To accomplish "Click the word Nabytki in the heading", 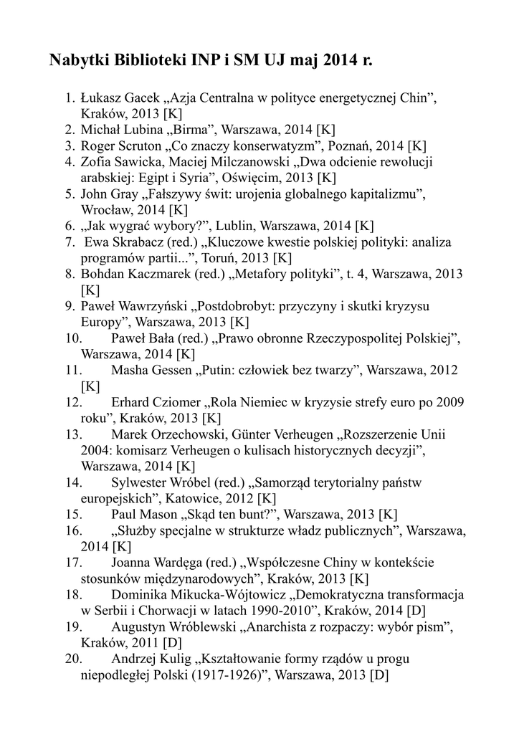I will pyautogui.click(x=77, y=60).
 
